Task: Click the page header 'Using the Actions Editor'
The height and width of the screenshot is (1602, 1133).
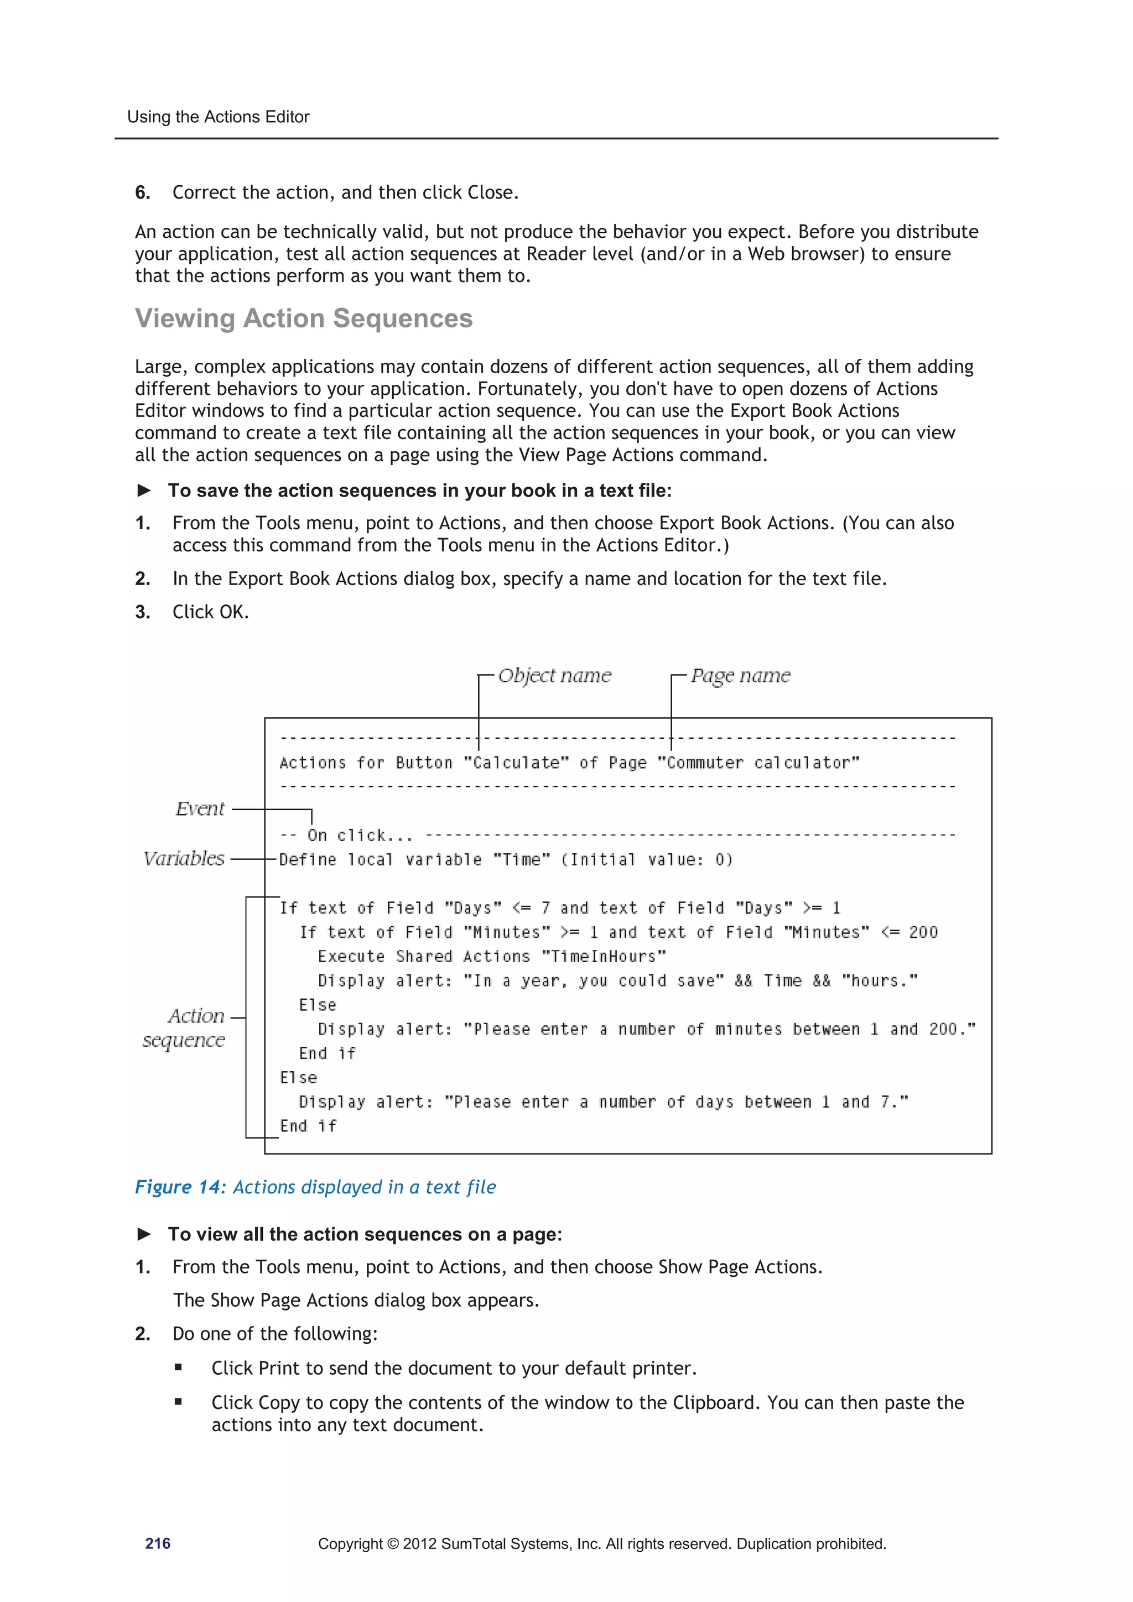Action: point(218,117)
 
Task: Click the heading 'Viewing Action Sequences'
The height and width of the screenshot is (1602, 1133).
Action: point(304,318)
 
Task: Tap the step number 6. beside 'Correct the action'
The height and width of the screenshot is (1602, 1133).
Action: point(142,192)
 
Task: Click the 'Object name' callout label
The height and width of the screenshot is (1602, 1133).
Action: point(554,675)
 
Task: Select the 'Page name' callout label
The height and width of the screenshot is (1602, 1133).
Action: point(740,675)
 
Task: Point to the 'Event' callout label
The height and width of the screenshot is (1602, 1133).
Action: point(200,808)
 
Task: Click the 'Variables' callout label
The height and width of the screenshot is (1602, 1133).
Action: point(184,858)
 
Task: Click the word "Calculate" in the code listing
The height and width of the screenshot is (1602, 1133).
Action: point(517,763)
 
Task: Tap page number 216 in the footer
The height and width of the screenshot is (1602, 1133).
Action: point(158,1543)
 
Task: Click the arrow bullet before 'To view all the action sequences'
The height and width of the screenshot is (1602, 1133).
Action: point(144,1234)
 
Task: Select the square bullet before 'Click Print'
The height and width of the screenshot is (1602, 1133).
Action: point(179,1368)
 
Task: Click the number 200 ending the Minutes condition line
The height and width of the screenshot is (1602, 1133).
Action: point(923,932)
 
